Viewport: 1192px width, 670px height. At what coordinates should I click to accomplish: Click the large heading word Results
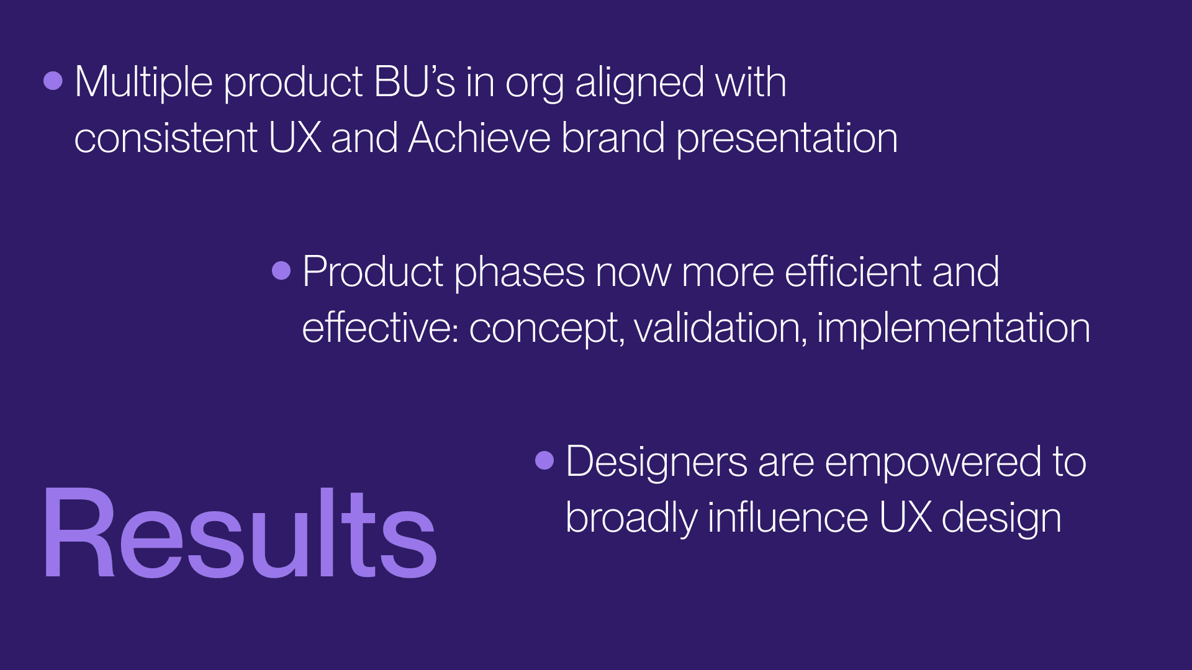240,533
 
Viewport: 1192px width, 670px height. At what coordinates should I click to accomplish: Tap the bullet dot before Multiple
53,81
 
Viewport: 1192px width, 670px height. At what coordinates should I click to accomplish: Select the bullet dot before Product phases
281,270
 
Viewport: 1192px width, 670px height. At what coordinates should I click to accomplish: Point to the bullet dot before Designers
544,460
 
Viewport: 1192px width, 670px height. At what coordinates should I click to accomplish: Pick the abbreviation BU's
415,81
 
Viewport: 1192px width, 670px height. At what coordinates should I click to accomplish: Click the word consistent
166,138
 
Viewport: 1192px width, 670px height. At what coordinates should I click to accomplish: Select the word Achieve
479,137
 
